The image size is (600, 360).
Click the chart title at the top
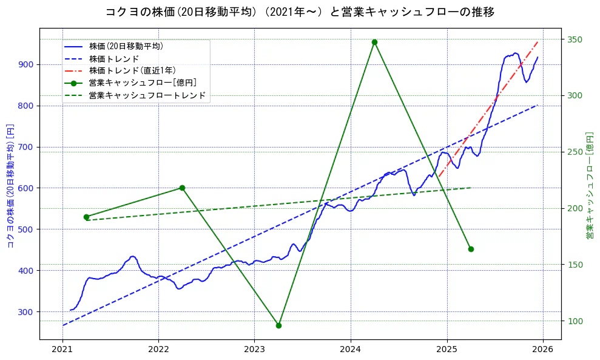click(x=300, y=12)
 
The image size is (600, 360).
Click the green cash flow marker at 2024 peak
click(x=374, y=42)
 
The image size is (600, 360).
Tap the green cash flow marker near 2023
click(x=278, y=325)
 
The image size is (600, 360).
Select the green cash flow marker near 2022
click(x=182, y=188)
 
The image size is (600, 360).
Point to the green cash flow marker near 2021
click(x=86, y=217)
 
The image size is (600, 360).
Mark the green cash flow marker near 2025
click(x=471, y=249)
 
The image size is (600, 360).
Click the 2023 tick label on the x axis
click(x=254, y=350)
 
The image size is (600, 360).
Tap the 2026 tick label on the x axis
click(x=543, y=350)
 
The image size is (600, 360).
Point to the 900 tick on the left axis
click(x=27, y=64)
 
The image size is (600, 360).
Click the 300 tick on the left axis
click(x=27, y=311)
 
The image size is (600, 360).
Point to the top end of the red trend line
click(x=538, y=42)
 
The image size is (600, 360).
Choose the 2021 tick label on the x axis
click(x=62, y=350)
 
